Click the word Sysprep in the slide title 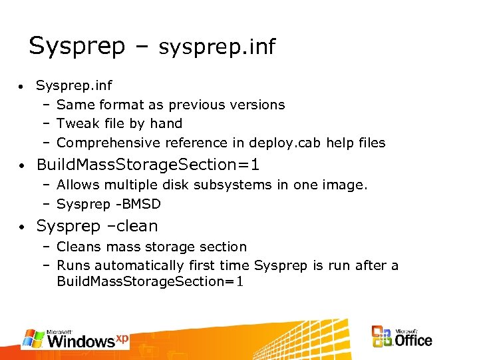click(x=77, y=47)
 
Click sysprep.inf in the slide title click(x=217, y=47)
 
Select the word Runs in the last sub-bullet click(x=73, y=265)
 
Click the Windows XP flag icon click(x=33, y=338)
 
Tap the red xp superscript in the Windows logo click(x=121, y=337)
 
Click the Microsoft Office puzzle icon click(x=382, y=336)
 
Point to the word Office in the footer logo click(x=413, y=340)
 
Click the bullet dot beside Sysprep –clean click(x=22, y=227)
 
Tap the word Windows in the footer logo click(x=80, y=341)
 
